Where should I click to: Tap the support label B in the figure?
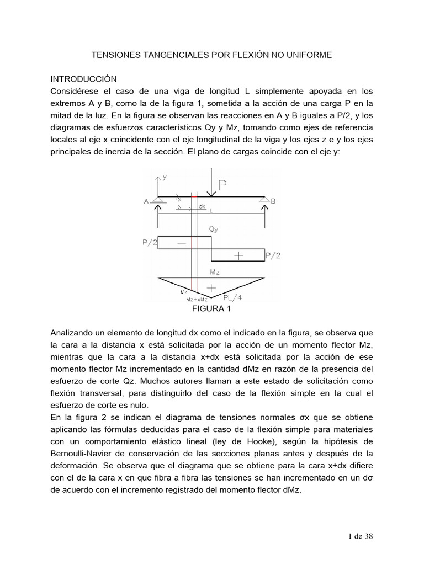pos(273,202)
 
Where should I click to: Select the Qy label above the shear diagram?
pos(214,229)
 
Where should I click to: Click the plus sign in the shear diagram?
pos(238,255)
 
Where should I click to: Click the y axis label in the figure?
pos(165,177)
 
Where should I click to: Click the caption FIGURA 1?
pos(211,309)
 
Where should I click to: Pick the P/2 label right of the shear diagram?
pos(273,255)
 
